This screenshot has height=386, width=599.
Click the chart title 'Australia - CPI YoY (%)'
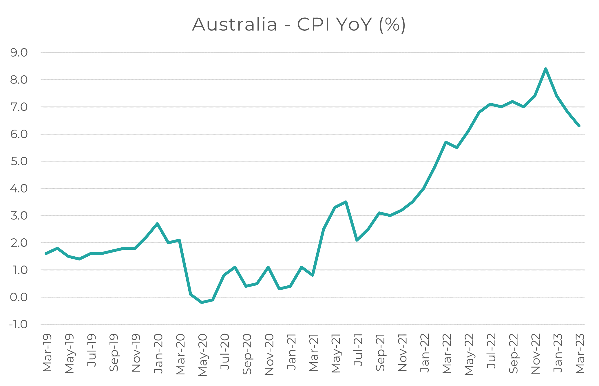[x=299, y=25]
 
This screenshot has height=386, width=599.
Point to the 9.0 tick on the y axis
[x=19, y=53]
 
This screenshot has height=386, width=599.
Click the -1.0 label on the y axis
[x=19, y=324]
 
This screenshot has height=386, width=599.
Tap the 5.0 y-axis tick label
[x=19, y=161]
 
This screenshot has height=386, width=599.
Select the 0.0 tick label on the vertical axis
[x=19, y=297]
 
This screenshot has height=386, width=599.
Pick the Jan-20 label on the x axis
[x=158, y=353]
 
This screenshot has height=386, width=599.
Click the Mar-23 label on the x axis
[x=580, y=353]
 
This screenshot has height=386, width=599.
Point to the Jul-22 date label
[x=491, y=351]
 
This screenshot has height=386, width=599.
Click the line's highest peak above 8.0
[x=546, y=69]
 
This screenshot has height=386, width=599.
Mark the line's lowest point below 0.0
[x=202, y=302]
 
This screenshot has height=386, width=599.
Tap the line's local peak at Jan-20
[x=157, y=224]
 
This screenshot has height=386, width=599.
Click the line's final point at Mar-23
[x=579, y=126]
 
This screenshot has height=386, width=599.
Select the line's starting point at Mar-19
[x=46, y=253]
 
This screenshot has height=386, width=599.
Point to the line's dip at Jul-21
[x=357, y=240]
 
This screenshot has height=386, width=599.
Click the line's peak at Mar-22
[x=446, y=142]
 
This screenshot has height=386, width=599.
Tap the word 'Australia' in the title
[x=235, y=25]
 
